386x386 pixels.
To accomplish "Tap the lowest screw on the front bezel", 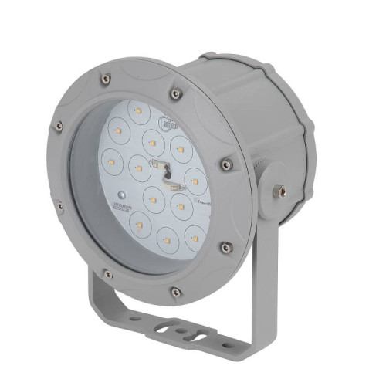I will (x=177, y=292).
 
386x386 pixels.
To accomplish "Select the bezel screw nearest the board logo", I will (x=177, y=93).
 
